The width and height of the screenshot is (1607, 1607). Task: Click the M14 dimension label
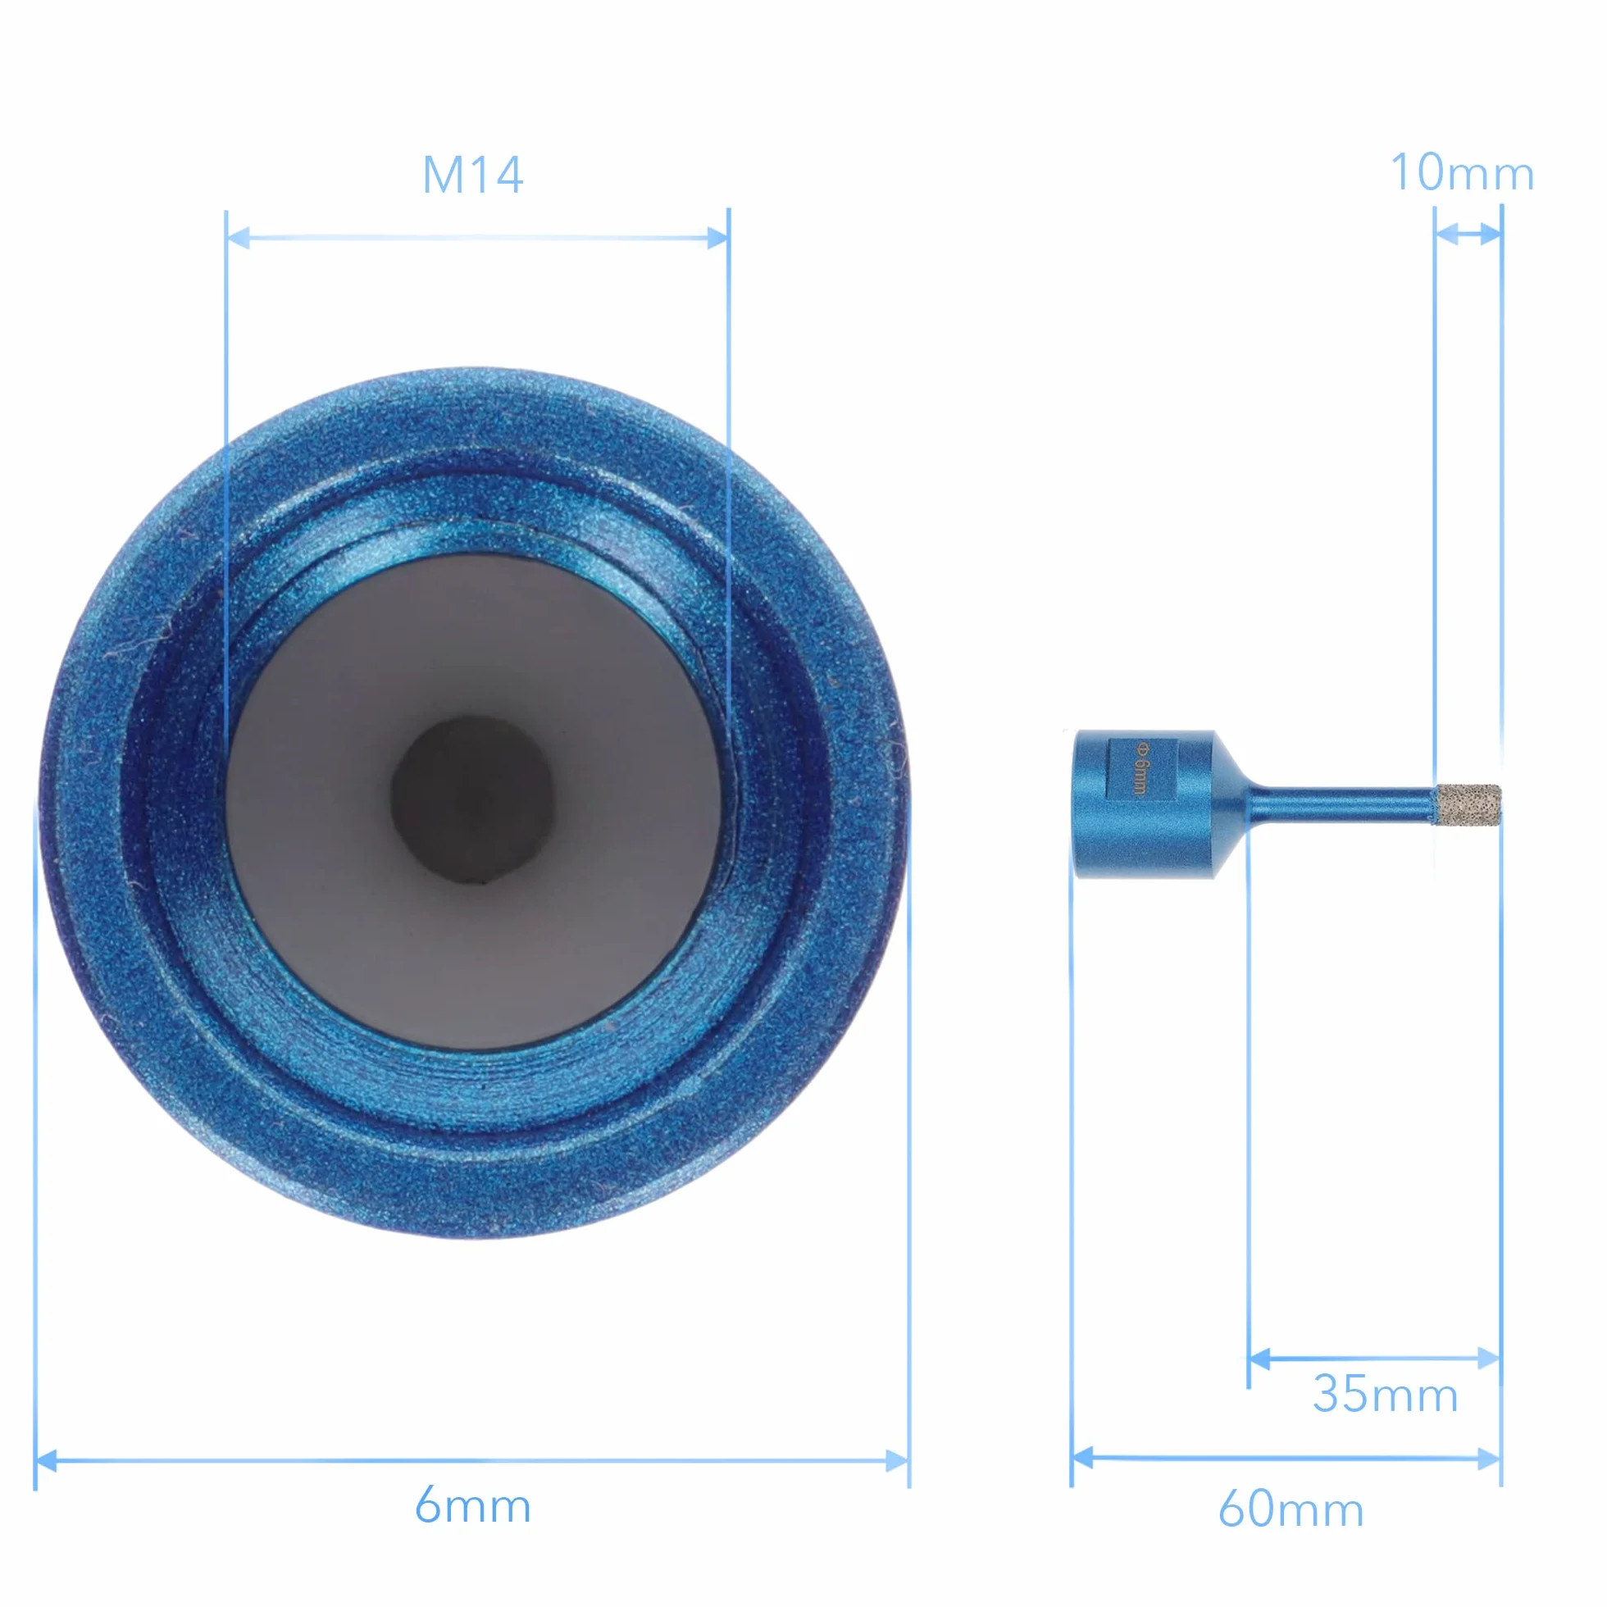point(472,175)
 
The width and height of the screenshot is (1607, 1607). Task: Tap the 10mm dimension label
point(1461,173)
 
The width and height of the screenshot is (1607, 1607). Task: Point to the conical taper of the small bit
point(1231,804)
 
